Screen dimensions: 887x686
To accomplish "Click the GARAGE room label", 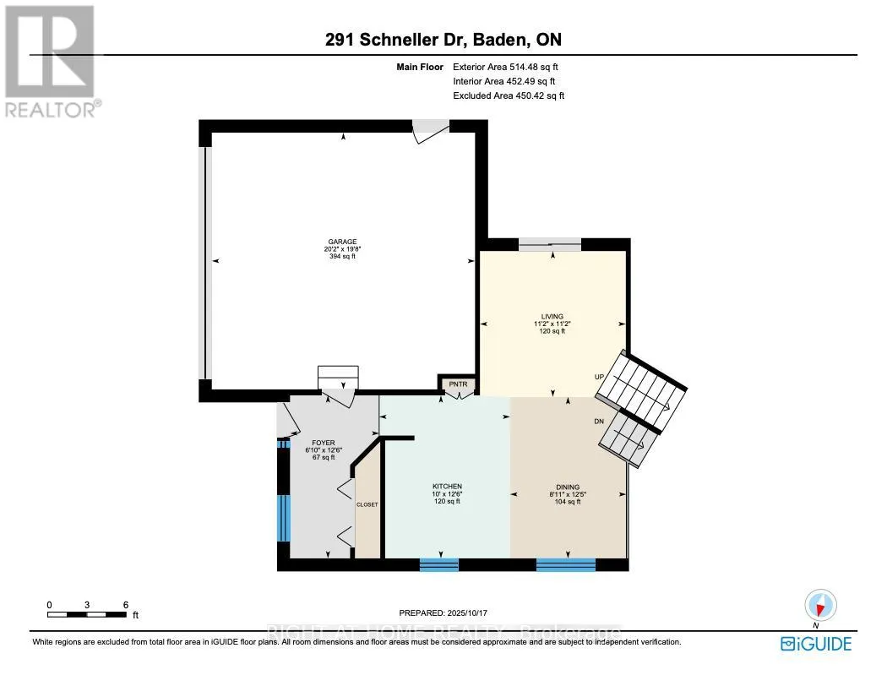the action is [x=342, y=242].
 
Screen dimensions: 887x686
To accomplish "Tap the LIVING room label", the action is [x=552, y=317].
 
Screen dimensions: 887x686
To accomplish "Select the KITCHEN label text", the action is [x=447, y=487].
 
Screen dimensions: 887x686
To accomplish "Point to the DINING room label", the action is [x=568, y=487].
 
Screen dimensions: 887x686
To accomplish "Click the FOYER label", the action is [x=324, y=443].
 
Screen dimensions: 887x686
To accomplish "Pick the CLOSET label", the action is [x=367, y=504].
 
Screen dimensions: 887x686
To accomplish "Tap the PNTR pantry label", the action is [x=458, y=384].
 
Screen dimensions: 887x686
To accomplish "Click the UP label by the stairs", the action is [x=599, y=377].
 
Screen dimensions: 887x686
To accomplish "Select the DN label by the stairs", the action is [x=599, y=422].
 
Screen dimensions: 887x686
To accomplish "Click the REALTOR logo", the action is [x=51, y=61].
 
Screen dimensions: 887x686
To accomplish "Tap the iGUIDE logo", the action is [x=816, y=644].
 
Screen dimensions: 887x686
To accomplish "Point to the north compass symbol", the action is [x=820, y=606].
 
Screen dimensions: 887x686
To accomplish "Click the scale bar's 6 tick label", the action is [x=126, y=605].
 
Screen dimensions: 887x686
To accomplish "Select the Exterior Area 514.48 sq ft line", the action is [x=505, y=67].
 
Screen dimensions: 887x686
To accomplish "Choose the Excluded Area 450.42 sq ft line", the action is [x=509, y=95].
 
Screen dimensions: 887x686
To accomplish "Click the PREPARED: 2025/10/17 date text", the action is [x=443, y=613].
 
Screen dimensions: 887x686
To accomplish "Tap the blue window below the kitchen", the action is [x=439, y=564].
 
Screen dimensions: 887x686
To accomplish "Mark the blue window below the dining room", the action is [x=566, y=564].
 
